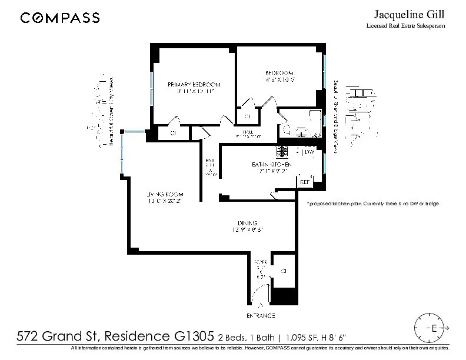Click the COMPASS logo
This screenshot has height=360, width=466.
point(59,18)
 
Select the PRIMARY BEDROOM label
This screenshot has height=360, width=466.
point(194,84)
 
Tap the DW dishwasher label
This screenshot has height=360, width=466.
point(309,152)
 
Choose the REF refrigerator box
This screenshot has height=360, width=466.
point(305,182)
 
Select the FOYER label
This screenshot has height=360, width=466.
point(261,261)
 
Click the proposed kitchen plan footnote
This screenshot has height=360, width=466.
point(373,204)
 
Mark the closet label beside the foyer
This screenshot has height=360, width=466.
point(284,271)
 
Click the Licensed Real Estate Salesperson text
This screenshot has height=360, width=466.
point(406,26)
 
